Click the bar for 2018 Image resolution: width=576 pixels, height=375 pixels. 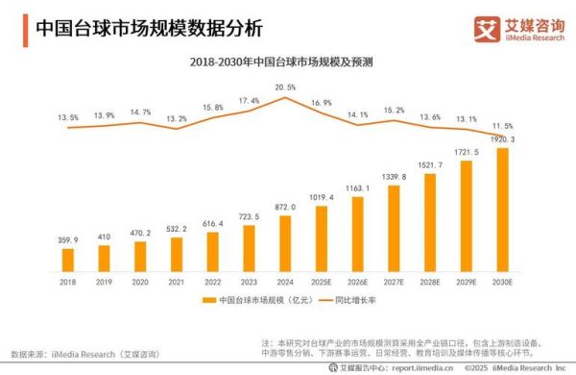68,260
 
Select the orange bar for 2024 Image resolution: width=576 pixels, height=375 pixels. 285,243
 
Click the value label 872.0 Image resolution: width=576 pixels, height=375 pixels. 285,207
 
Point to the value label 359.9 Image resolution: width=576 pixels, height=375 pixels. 68,239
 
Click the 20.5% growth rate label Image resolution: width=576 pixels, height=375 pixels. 285,87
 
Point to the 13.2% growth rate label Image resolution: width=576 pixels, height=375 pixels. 177,119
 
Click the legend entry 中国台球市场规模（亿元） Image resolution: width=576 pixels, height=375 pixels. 256,302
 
